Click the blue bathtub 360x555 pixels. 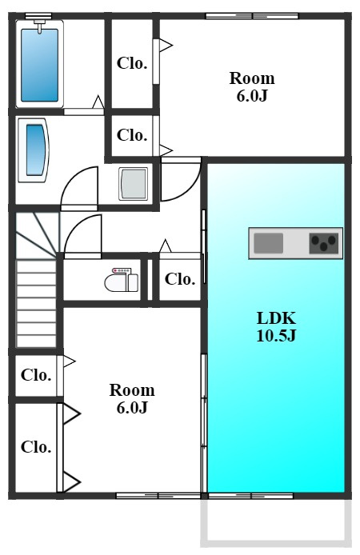39,65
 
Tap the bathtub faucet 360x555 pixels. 39,26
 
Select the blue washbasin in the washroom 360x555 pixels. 36,150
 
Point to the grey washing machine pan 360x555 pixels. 133,184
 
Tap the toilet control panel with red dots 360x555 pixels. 121,271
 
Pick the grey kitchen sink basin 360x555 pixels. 268,243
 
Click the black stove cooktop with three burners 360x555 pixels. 323,243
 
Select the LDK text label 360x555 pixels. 276,318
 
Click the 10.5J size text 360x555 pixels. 276,335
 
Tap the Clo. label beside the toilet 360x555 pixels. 180,279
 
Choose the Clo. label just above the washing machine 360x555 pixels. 132,135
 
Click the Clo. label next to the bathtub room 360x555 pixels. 132,63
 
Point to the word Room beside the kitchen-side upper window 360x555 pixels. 252,78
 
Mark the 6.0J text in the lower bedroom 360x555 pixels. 132,407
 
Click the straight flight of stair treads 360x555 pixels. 37,303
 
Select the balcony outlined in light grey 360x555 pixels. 276,522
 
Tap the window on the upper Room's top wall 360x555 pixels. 252,16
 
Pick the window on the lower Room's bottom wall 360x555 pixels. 158,496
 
